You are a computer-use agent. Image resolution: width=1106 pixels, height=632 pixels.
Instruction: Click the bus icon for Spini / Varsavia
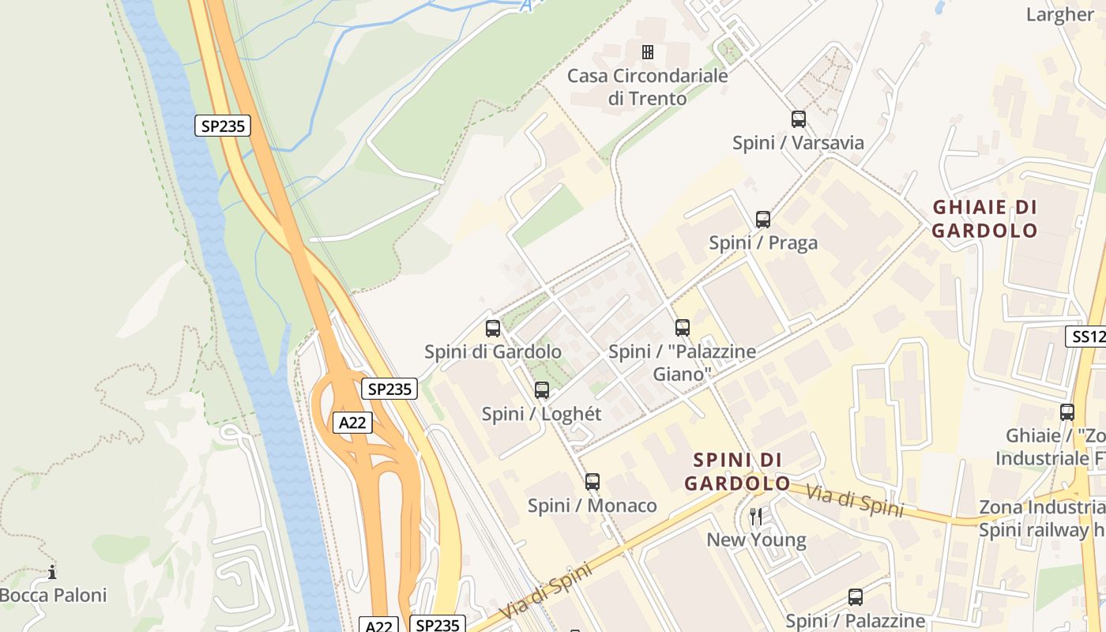799,119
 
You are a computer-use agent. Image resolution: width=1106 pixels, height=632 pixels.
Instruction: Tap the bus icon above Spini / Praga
762,220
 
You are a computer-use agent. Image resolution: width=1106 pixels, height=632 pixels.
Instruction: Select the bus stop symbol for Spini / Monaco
592,481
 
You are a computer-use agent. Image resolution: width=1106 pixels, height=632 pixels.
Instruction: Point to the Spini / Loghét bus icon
542,389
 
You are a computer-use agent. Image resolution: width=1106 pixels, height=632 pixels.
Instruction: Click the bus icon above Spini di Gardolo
493,328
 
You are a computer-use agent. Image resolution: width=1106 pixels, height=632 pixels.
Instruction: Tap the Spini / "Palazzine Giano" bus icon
683,327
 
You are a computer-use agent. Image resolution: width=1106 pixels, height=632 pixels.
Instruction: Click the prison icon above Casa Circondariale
648,52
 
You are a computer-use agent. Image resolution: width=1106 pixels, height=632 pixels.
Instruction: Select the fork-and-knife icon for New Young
756,517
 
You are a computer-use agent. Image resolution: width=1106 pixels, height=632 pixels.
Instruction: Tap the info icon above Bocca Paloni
52,571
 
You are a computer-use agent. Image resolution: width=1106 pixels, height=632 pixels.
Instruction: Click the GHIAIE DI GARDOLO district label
984,219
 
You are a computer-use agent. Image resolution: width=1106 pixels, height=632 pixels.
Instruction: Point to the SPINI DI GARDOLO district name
737,472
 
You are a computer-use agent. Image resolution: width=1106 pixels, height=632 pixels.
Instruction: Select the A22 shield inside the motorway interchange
352,423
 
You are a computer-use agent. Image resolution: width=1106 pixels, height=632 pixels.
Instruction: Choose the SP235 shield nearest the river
223,126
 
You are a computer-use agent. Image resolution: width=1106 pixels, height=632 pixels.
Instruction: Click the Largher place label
1059,14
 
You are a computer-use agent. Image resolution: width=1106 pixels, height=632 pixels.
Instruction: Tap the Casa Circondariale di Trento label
648,87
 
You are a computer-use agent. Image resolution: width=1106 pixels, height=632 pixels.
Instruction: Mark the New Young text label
756,540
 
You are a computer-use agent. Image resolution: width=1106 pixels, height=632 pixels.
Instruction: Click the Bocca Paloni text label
53,595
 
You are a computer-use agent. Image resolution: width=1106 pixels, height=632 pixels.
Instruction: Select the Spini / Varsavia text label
798,143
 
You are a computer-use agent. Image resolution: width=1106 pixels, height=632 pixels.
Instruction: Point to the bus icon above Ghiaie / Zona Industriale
1066,412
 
